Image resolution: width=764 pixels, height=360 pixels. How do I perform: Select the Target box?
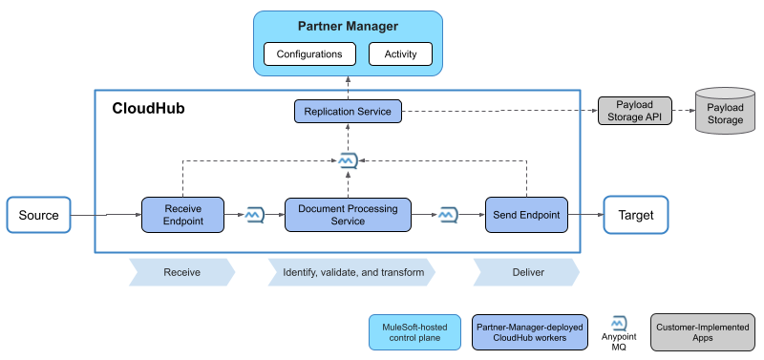(636, 215)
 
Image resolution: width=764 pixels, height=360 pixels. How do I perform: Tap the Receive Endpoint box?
(181, 215)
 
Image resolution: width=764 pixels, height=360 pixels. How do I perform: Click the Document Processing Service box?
(348, 215)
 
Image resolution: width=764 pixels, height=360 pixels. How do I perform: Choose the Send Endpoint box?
(526, 215)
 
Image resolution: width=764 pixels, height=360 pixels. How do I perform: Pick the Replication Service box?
(348, 112)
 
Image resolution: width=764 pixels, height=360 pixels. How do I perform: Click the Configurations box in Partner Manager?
(309, 54)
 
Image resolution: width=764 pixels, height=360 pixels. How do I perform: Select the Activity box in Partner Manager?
(400, 54)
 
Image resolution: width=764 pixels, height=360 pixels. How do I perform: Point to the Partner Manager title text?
(348, 26)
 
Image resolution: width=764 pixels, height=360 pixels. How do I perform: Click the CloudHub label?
(148, 109)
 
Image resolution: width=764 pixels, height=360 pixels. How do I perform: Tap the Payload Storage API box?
(635, 112)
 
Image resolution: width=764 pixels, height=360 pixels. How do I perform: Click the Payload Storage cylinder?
(725, 113)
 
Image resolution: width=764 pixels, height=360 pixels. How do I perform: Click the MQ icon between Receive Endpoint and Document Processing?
(255, 215)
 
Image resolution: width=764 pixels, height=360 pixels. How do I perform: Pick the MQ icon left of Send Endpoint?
(447, 215)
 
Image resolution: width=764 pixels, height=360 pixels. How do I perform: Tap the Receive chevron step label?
(181, 272)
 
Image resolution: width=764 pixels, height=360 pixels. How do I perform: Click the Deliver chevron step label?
(525, 272)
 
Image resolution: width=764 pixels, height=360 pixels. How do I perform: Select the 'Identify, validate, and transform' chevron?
(352, 272)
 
